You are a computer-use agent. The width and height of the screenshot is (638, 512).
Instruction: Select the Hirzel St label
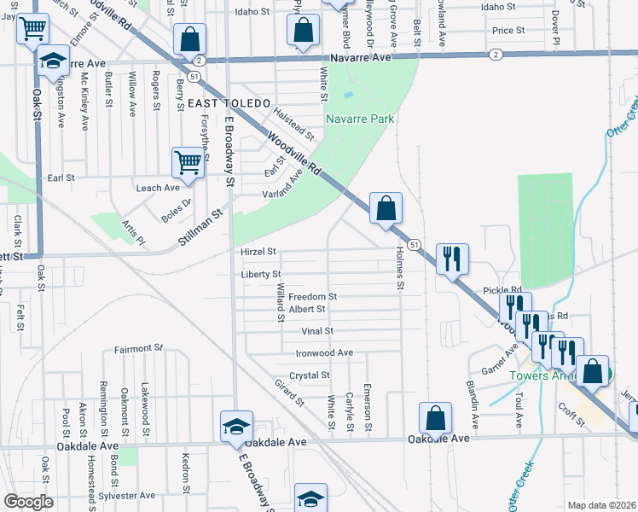pos(259,252)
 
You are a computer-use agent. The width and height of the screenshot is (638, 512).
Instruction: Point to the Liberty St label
pos(261,274)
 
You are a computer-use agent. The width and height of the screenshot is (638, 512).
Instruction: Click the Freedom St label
pos(312,297)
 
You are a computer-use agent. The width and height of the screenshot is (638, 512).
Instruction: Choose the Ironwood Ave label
pos(324,352)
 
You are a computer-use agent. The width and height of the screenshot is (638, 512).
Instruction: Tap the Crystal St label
pos(310,375)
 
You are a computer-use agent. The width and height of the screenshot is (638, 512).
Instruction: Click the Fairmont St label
pos(138,349)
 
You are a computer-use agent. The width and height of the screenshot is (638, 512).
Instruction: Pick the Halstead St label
pos(293,124)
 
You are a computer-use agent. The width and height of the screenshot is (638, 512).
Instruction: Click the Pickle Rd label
pos(501,291)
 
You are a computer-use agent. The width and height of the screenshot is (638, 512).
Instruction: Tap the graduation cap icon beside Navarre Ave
pos(53,61)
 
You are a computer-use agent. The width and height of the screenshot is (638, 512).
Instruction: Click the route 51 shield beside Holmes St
pos(413,245)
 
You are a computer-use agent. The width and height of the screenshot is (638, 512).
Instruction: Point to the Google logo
pos(28,502)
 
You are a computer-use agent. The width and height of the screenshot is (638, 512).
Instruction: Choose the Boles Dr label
pos(177,205)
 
